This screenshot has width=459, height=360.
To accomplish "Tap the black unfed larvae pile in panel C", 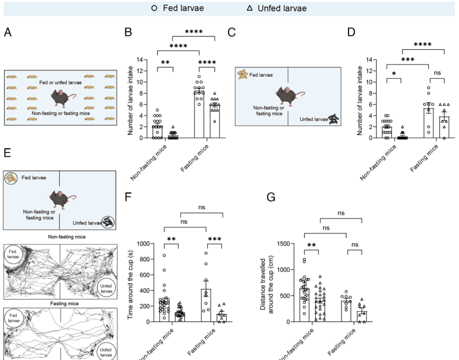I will coord(335,120).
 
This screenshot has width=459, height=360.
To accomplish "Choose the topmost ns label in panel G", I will coord(341,213).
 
